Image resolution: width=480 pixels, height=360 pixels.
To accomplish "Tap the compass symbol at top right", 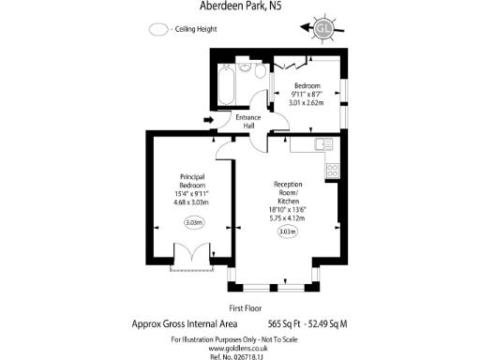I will tap(325, 28).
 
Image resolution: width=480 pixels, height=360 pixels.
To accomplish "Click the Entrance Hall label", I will tap(248, 121).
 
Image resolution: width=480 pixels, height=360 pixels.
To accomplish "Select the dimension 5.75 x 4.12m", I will tap(287, 217).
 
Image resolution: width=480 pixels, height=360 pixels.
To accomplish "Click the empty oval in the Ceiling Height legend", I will tap(158, 29).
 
